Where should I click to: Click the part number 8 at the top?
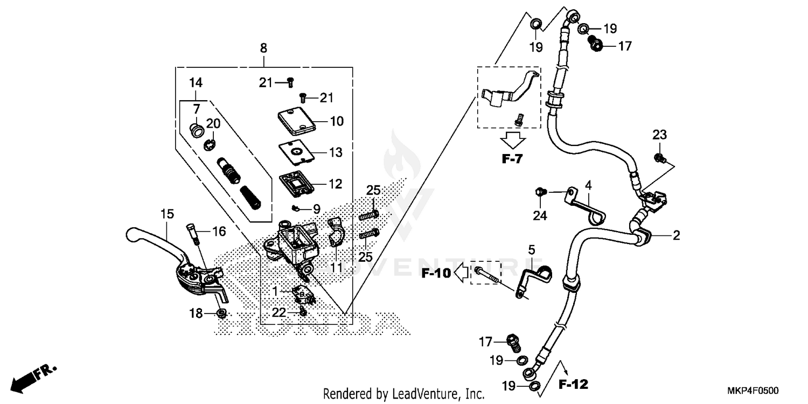[263, 48]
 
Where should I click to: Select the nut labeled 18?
[221, 313]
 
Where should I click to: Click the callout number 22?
[279, 312]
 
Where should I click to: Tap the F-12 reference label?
[573, 384]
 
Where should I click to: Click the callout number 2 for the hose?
[676, 235]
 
